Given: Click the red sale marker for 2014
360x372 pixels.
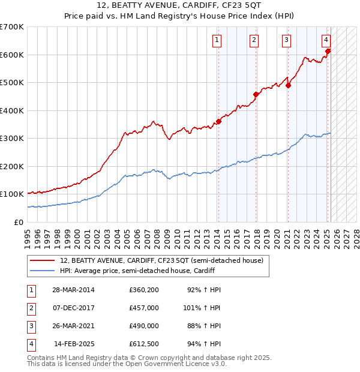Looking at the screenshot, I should coord(218,122).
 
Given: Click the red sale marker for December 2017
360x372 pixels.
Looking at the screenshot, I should coord(256,94).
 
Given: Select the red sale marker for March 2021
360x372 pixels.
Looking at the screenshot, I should coord(289,85).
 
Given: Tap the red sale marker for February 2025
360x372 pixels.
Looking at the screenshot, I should coord(328,51).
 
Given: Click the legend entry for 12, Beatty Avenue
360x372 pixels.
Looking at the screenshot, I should coord(161,260).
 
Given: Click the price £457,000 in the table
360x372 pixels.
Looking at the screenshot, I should coord(144,308).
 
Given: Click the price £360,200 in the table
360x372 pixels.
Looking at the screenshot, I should coord(144,290).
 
